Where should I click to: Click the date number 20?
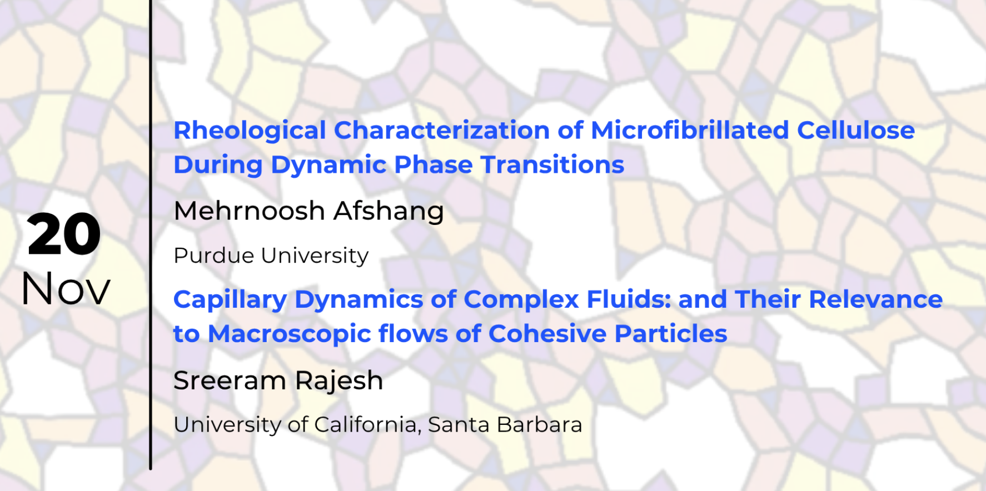[64, 234]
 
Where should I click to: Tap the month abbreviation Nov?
[66, 289]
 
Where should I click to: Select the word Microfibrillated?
[690, 130]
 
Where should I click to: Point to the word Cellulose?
[856, 130]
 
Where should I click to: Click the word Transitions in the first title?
[552, 164]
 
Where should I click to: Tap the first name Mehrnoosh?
[250, 211]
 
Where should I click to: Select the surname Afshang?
[389, 212]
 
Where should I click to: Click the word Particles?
[671, 334]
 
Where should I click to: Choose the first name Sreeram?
[230, 381]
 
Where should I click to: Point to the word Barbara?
[539, 425]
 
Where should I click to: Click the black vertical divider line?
[150, 234]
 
